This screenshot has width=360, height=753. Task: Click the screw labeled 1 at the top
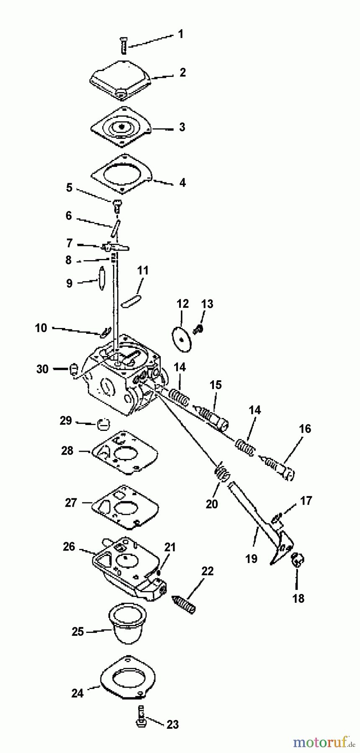123,45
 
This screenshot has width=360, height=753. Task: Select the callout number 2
183,72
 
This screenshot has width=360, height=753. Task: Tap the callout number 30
42,369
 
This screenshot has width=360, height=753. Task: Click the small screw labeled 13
198,330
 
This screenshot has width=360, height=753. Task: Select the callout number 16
305,429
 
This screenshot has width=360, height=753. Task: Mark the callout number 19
251,558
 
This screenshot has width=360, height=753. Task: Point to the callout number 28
67,451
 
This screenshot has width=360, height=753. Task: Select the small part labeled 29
103,424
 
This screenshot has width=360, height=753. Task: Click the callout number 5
69,187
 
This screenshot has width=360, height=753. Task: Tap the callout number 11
143,271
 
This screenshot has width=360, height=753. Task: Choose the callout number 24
77,693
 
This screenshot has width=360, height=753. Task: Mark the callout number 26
69,547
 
